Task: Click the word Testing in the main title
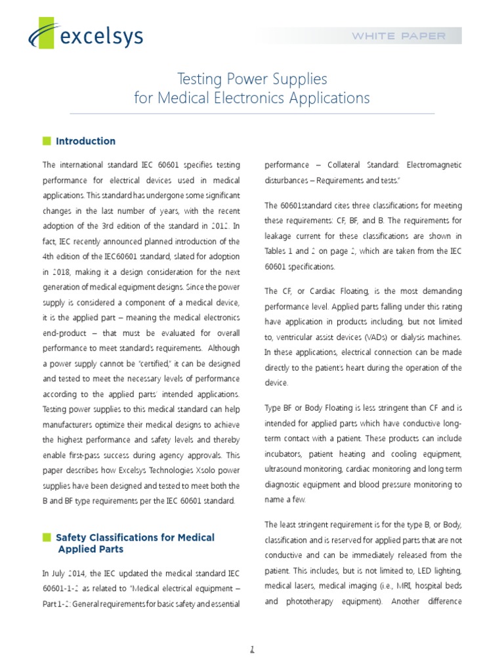point(200,79)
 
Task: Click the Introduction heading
point(85,141)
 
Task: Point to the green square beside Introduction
point(46,141)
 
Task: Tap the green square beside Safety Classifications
point(46,537)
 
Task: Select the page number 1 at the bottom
point(251,649)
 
